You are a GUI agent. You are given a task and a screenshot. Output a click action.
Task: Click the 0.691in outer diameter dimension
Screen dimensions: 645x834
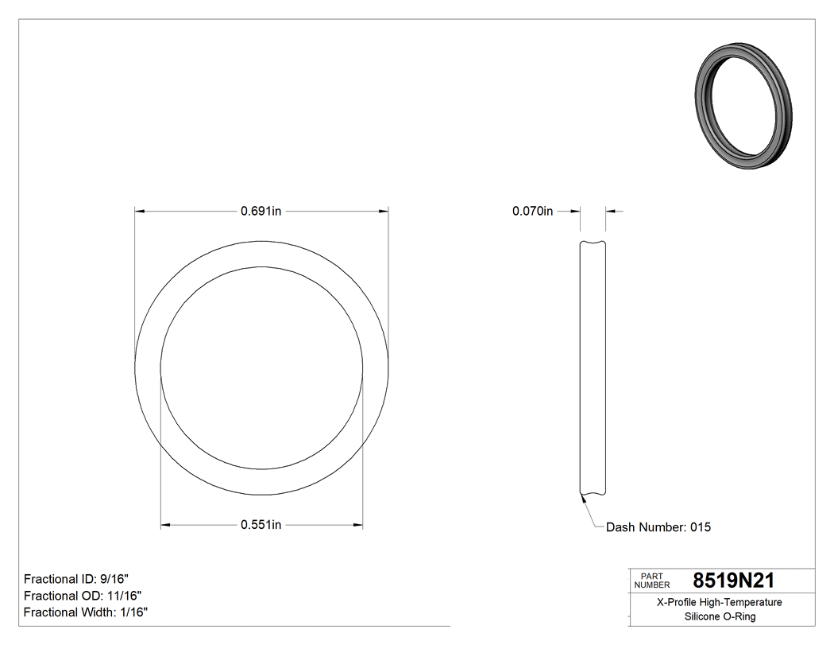(261, 212)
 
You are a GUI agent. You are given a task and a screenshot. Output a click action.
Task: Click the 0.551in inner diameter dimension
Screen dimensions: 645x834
(261, 525)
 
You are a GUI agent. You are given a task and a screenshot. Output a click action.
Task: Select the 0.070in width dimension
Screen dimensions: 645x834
(532, 212)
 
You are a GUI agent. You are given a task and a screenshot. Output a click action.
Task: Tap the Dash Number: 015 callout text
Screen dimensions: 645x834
(658, 527)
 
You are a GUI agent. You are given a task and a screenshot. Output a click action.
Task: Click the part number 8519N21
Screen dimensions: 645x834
(733, 581)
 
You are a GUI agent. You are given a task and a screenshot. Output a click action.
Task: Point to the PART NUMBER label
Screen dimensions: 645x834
(652, 581)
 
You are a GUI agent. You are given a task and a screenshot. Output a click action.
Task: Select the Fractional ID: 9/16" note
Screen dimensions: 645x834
(75, 579)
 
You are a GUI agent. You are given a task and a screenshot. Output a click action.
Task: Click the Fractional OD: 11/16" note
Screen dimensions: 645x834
(83, 596)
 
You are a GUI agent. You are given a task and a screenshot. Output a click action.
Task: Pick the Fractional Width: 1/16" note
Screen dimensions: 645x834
(86, 612)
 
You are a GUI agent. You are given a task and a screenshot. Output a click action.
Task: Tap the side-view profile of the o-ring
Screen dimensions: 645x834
(593, 369)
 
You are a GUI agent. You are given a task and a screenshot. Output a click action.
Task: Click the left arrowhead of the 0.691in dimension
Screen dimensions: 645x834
(140, 212)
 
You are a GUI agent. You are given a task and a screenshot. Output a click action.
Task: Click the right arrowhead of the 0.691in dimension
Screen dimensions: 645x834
(384, 212)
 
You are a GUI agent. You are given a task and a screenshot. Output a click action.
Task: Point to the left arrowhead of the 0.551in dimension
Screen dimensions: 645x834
(165, 525)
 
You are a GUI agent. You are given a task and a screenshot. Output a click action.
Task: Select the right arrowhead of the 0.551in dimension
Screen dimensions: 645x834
(358, 525)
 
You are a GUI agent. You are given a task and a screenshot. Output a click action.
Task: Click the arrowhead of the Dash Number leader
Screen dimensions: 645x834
(583, 498)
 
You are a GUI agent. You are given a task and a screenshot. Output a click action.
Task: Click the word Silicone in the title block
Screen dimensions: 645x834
(690, 616)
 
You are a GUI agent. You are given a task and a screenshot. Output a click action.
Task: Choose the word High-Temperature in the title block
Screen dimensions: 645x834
(742, 603)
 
